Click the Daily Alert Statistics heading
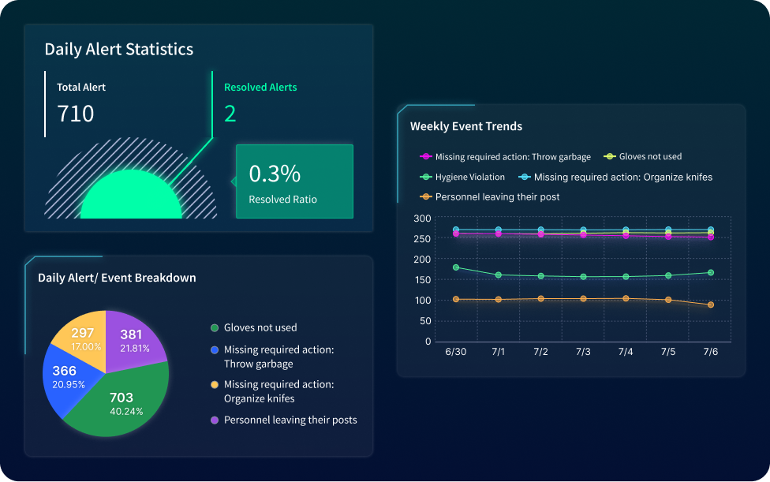coord(118,49)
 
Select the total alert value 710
coord(76,114)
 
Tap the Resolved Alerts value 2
coord(230,114)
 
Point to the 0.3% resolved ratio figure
coord(275,174)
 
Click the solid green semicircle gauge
coord(131,197)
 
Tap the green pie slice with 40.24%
coord(121,402)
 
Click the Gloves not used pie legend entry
coord(260,327)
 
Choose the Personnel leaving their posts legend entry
coord(290,420)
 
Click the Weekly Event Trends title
coord(465,126)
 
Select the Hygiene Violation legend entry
coord(469,177)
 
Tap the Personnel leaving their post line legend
coord(497,196)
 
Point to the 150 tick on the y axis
coord(422,280)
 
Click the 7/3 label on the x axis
coord(583,351)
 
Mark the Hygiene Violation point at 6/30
coord(456,267)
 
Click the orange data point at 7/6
coord(711,305)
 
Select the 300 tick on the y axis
coord(422,219)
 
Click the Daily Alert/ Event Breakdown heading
coord(117,278)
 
